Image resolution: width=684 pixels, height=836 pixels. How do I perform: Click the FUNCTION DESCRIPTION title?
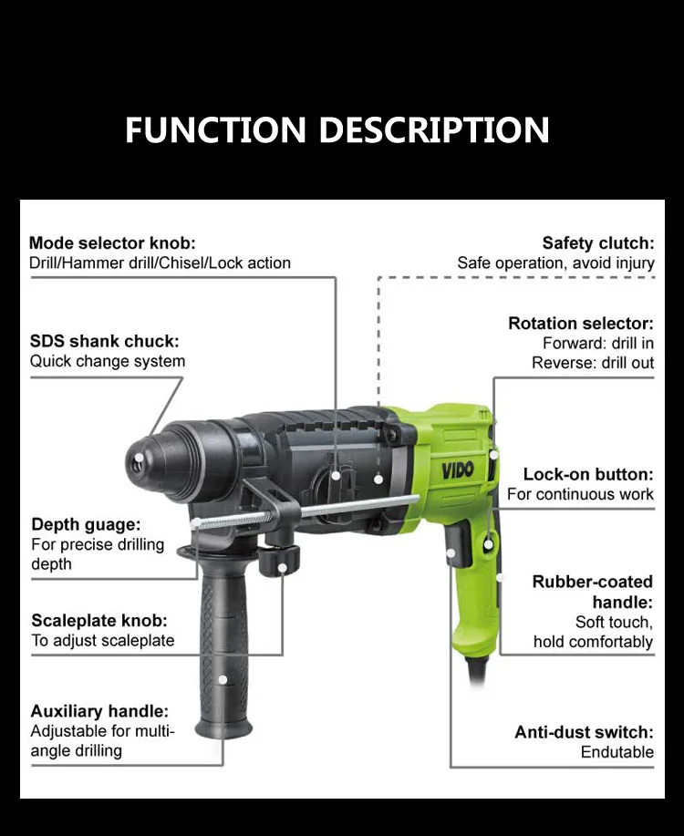tap(337, 129)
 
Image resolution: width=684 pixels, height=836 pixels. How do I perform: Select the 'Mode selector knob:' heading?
tap(112, 243)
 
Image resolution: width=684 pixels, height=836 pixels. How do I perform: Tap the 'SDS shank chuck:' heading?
tap(104, 341)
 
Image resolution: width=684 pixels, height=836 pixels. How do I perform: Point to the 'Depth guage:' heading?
tap(86, 524)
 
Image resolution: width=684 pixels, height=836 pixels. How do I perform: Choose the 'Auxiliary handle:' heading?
tap(99, 711)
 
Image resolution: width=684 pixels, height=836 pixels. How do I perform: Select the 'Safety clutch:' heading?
tap(598, 243)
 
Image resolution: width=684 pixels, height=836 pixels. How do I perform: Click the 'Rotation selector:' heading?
tap(581, 324)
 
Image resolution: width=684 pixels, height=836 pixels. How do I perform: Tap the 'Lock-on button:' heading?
tap(588, 474)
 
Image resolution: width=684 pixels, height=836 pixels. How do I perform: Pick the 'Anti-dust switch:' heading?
tap(584, 732)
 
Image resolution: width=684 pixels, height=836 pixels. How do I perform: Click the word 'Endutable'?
tap(617, 752)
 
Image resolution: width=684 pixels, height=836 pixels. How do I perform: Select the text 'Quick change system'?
tap(108, 361)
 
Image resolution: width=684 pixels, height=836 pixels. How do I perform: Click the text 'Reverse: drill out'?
tap(593, 363)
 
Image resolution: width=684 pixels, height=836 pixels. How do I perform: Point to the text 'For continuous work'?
tap(580, 494)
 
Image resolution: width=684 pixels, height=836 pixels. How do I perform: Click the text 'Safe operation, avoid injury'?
tap(555, 263)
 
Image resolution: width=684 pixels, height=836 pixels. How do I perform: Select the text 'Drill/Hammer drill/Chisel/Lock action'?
tap(160, 263)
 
